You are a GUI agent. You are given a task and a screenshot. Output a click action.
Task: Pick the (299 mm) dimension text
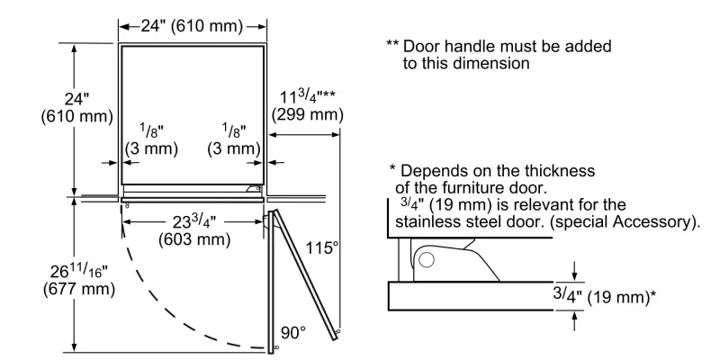[307, 114]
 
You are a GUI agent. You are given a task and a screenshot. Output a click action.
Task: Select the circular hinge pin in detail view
[426, 262]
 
